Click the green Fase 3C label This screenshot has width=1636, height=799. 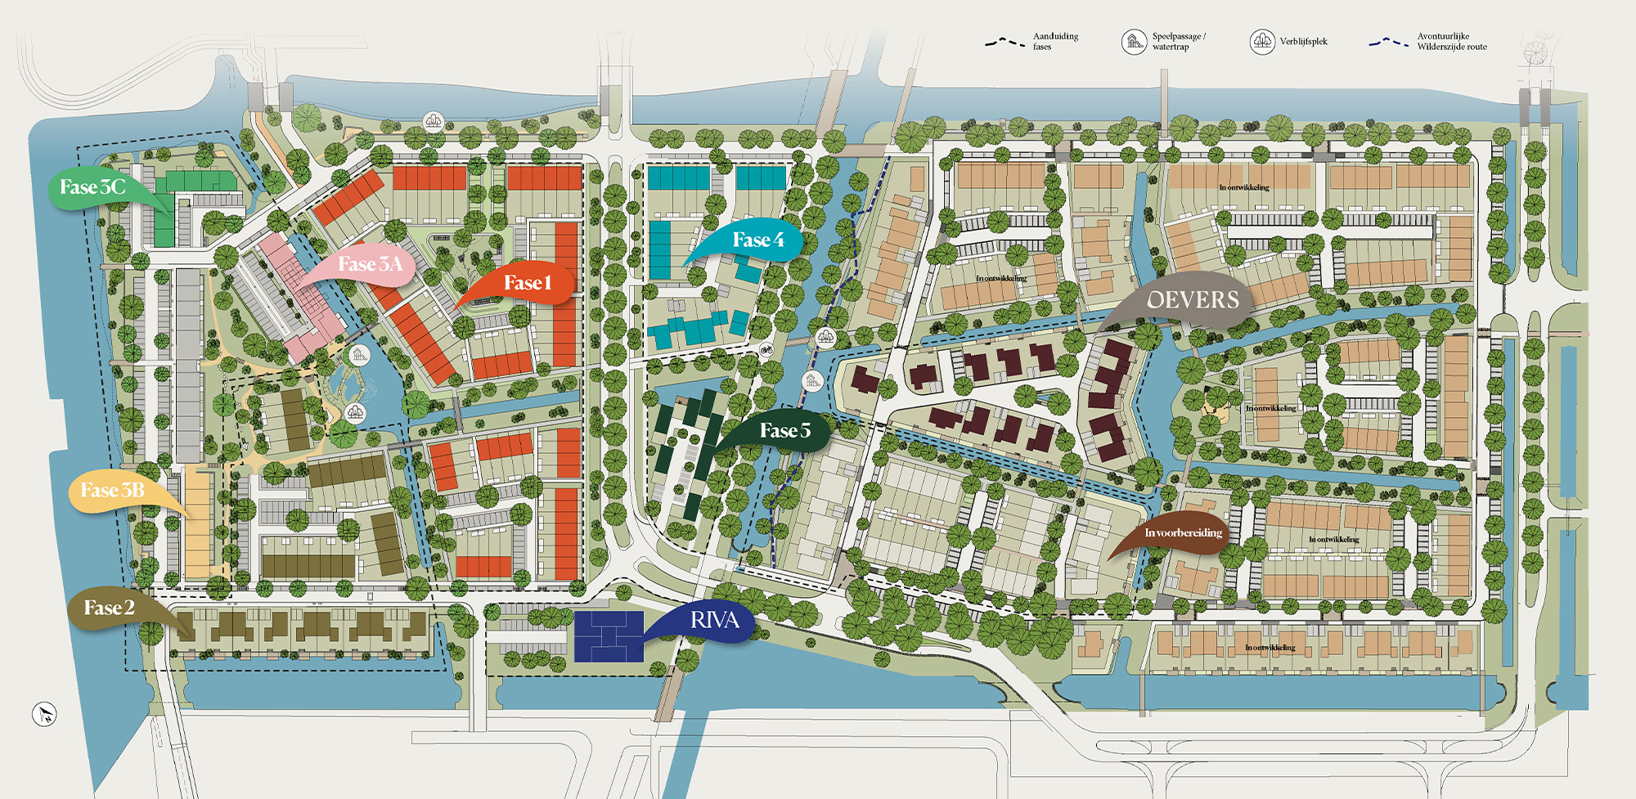tap(92, 187)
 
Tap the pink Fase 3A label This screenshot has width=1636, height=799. tap(370, 264)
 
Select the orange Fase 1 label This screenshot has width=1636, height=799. tap(527, 283)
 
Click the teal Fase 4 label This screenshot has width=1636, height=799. tap(757, 240)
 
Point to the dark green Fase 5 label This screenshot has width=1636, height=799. tap(784, 430)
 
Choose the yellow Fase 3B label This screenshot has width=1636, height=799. tap(112, 490)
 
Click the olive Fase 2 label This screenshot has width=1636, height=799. tap(109, 608)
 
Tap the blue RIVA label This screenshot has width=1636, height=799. tap(714, 621)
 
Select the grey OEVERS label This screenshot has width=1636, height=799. tap(1193, 300)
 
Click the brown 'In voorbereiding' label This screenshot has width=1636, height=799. tap(1183, 533)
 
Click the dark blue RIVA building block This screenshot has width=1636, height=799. tap(609, 636)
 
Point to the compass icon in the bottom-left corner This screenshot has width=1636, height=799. tap(44, 714)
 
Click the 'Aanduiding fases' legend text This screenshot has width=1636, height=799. tap(1054, 42)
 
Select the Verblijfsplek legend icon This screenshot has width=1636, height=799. tap(1262, 42)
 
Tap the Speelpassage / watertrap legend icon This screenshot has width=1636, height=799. tap(1134, 42)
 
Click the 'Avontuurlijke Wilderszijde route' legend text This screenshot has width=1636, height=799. tap(1451, 42)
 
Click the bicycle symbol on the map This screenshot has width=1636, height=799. tap(766, 350)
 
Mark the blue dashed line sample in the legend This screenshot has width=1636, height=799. tap(1388, 42)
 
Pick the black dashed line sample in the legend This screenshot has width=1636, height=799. tap(1005, 42)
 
